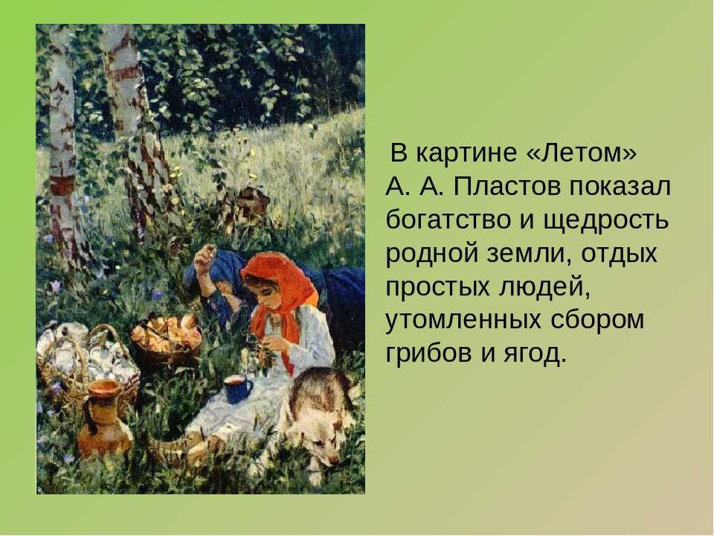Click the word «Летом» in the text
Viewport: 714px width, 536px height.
tap(581, 153)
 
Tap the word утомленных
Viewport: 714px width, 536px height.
tap(463, 320)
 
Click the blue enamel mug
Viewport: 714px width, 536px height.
tap(237, 389)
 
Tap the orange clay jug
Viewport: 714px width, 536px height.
tap(103, 418)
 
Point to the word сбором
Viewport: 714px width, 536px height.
tap(597, 321)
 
